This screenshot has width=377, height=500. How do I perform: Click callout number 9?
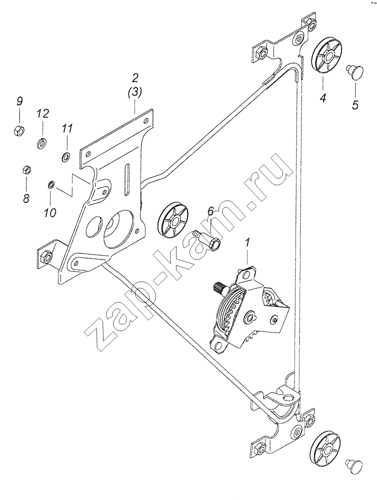tap(20, 101)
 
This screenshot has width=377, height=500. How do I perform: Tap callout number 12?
tap(42, 113)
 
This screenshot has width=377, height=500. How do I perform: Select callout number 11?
tap(67, 128)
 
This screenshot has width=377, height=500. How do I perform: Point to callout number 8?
tap(26, 198)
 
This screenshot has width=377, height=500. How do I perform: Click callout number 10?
tap(50, 212)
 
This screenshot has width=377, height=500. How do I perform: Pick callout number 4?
tap(323, 97)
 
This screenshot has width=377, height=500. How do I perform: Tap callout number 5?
tap(354, 104)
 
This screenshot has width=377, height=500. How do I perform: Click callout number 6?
tap(210, 211)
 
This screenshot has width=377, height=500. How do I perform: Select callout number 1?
tap(247, 243)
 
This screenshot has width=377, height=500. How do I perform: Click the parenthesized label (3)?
tap(134, 93)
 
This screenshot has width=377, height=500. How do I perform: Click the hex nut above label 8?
tap(26, 169)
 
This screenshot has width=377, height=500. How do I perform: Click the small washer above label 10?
tap(51, 184)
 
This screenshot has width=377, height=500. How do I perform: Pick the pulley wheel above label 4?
tap(326, 57)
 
